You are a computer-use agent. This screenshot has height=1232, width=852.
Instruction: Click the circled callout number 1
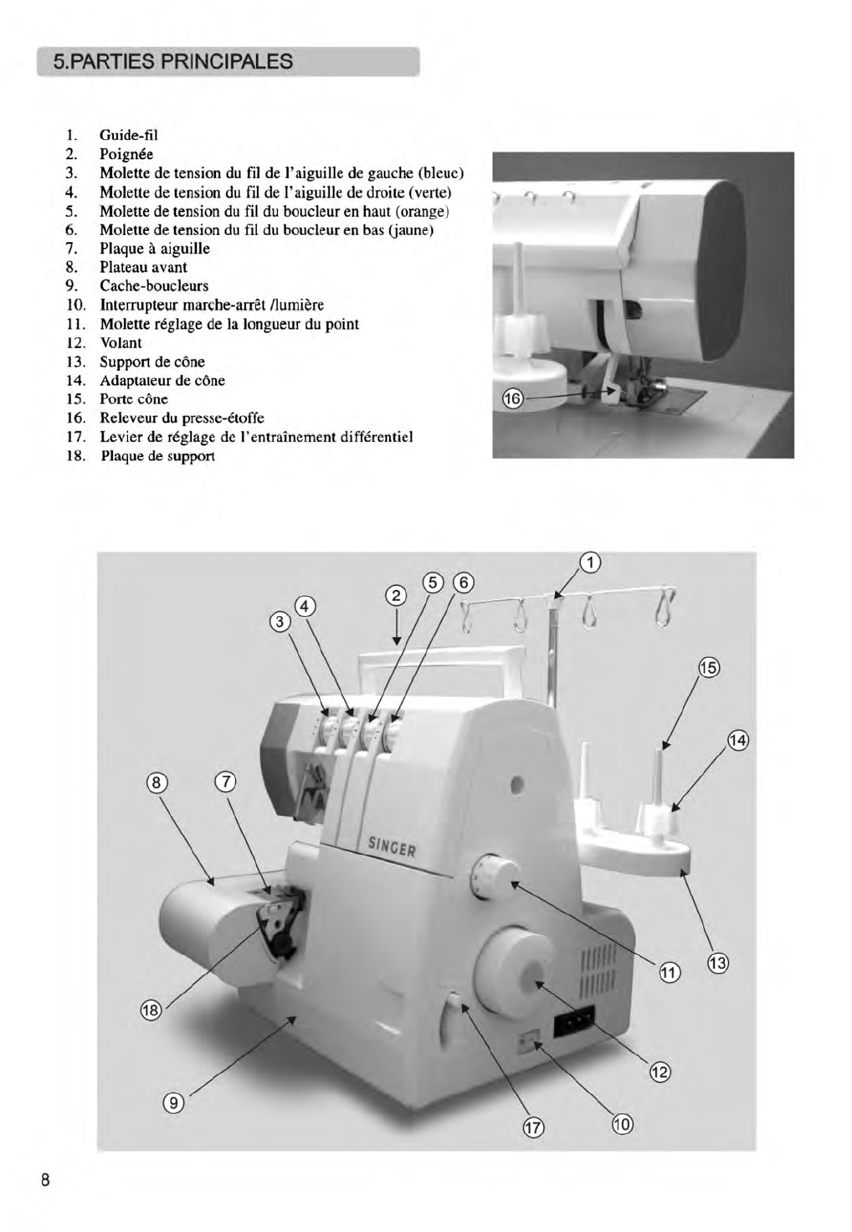pyautogui.click(x=590, y=563)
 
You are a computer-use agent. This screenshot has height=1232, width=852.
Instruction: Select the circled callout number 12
pyautogui.click(x=660, y=1072)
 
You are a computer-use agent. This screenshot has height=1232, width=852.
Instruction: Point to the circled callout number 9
pyautogui.click(x=173, y=1102)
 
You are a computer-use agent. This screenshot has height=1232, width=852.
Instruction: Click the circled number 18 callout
pyautogui.click(x=151, y=1010)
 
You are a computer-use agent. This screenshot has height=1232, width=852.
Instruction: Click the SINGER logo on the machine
pyautogui.click(x=392, y=846)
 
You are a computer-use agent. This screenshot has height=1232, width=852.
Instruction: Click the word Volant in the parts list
pyautogui.click(x=121, y=343)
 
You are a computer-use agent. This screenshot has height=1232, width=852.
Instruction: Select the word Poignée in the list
pyautogui.click(x=126, y=154)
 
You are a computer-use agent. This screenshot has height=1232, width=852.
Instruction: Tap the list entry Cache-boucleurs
pyautogui.click(x=154, y=286)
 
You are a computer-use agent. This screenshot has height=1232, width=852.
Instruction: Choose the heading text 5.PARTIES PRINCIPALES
pyautogui.click(x=172, y=62)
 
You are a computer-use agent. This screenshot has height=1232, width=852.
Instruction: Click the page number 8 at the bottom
pyautogui.click(x=45, y=1180)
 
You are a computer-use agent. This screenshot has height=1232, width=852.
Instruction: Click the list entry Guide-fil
pyautogui.click(x=129, y=135)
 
